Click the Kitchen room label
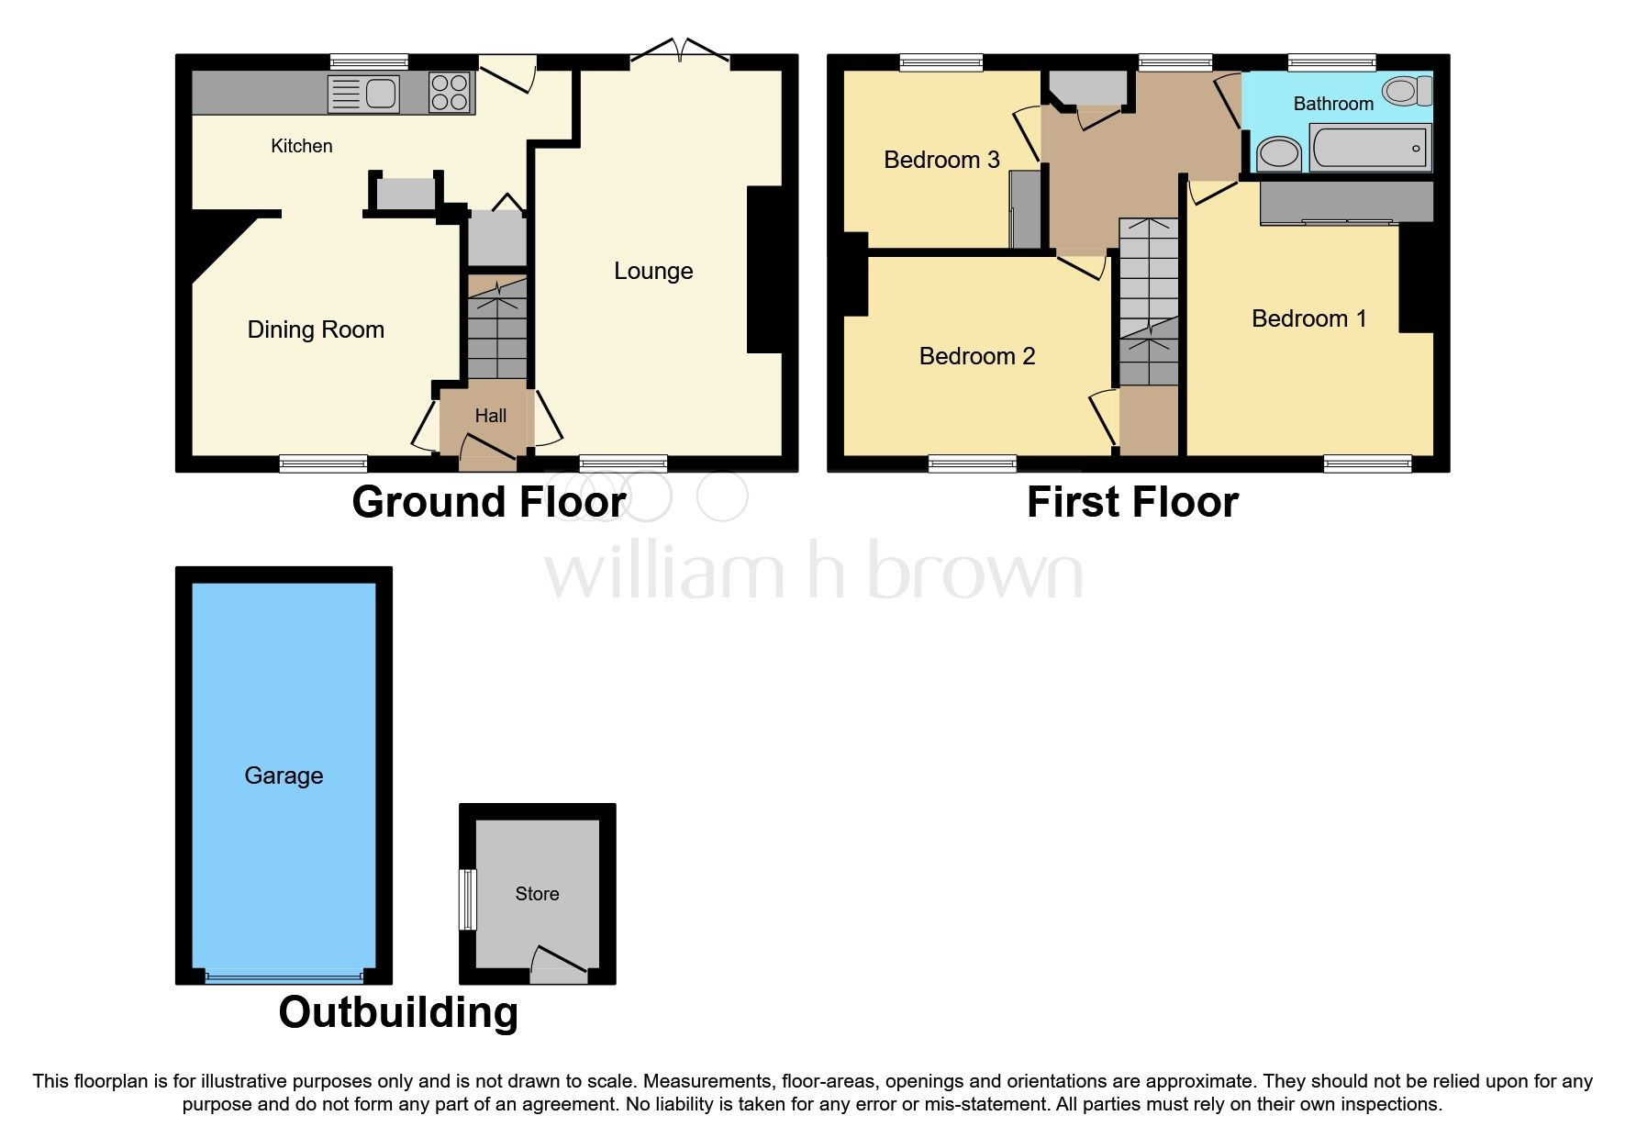click(x=301, y=146)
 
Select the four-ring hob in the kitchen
click(x=450, y=93)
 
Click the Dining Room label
click(x=316, y=329)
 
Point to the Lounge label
click(x=653, y=271)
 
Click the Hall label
click(x=490, y=416)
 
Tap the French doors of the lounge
click(x=680, y=52)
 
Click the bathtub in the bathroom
click(x=1370, y=148)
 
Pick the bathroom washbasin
click(x=1278, y=153)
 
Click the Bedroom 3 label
click(x=941, y=160)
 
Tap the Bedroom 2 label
click(x=976, y=356)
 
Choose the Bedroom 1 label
click(x=1308, y=318)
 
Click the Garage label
click(x=284, y=775)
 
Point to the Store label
click(x=537, y=894)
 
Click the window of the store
click(x=468, y=899)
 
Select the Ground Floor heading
click(x=489, y=502)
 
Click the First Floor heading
click(x=1132, y=502)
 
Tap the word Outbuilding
click(x=398, y=1012)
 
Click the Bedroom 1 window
click(x=1366, y=463)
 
